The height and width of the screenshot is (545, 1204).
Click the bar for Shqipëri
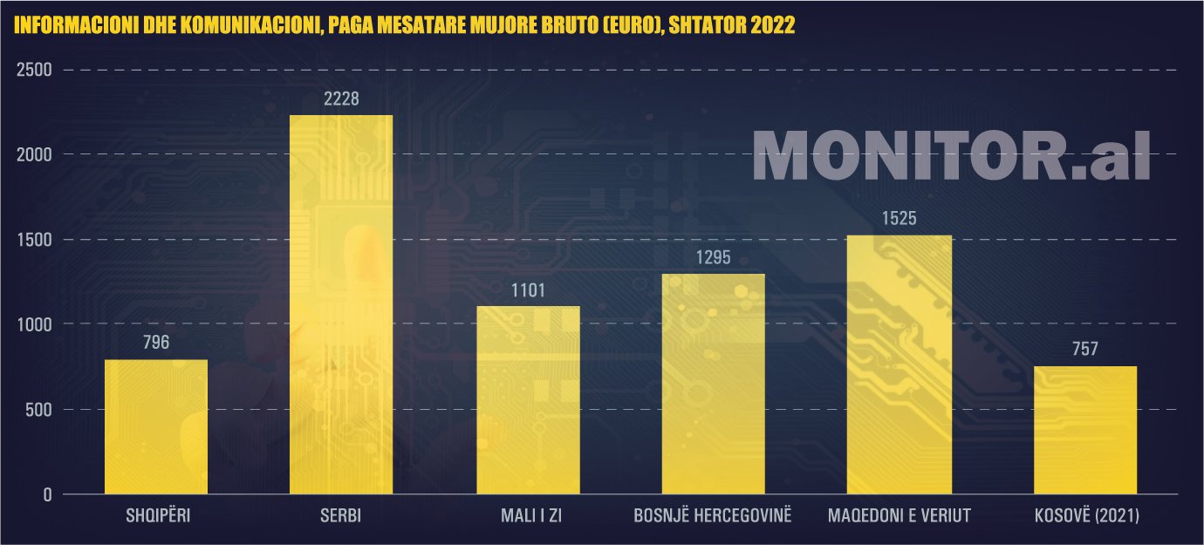click(156, 426)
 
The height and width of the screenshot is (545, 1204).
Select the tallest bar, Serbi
click(341, 304)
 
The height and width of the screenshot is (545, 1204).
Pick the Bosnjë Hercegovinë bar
click(713, 384)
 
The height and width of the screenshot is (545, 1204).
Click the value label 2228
click(341, 99)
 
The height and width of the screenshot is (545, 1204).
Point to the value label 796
click(156, 343)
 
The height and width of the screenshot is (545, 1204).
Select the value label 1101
click(528, 290)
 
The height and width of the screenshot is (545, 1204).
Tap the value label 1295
click(713, 257)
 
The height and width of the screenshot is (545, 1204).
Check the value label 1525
click(900, 218)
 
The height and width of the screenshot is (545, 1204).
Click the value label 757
click(1085, 350)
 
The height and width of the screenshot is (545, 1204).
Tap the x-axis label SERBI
click(341, 516)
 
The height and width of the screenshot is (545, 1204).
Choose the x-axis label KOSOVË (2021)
click(1085, 516)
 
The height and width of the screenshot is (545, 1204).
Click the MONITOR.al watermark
click(951, 157)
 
